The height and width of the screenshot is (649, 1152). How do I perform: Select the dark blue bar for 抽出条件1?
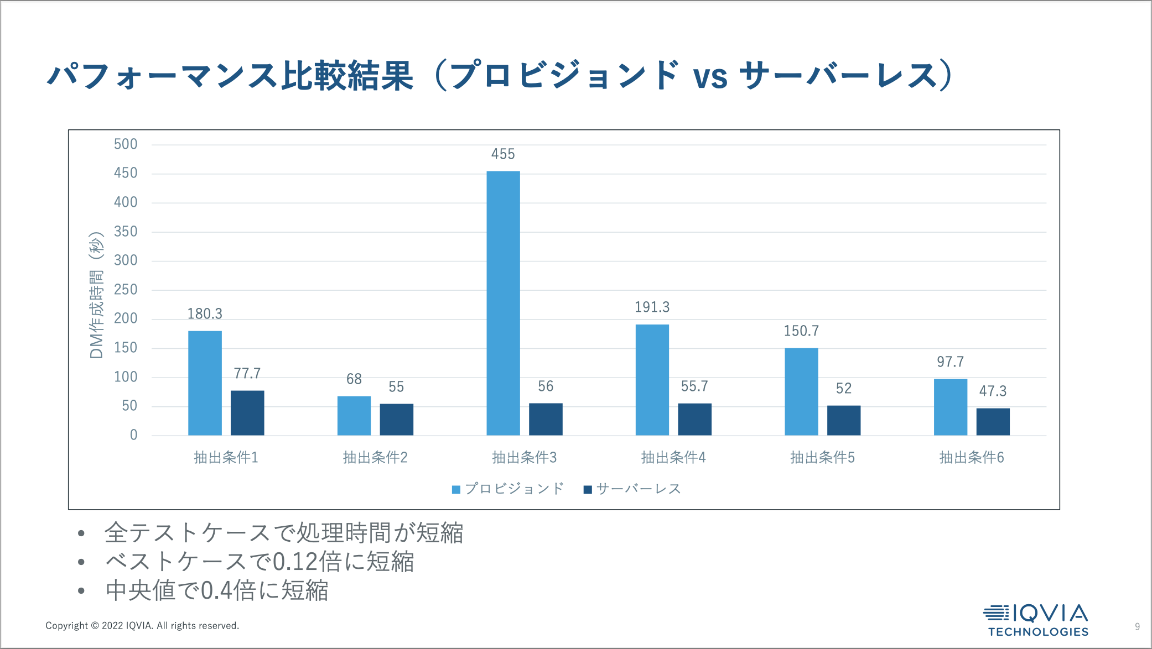point(247,413)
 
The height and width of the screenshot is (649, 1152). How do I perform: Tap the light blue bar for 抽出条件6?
point(950,407)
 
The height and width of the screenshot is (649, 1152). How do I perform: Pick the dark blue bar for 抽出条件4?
point(694,419)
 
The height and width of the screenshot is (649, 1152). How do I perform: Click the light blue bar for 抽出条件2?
point(354,416)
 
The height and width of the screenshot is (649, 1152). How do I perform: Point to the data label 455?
point(503,154)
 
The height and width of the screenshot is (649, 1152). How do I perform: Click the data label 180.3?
point(205,314)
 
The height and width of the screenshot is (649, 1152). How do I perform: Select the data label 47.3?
point(993,391)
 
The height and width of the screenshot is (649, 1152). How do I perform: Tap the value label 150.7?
point(801,331)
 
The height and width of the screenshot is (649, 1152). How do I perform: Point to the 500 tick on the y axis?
point(126,145)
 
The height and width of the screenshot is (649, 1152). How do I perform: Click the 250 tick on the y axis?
point(126,290)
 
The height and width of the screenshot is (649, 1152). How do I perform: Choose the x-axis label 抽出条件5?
point(822,458)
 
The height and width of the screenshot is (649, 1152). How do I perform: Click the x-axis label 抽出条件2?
point(375,458)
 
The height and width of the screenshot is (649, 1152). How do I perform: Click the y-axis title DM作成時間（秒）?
point(96,295)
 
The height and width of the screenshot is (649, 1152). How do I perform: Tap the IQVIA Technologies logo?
point(1036,620)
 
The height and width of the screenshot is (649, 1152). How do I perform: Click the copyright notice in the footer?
point(142,626)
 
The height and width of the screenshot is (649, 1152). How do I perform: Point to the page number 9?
point(1137,626)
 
